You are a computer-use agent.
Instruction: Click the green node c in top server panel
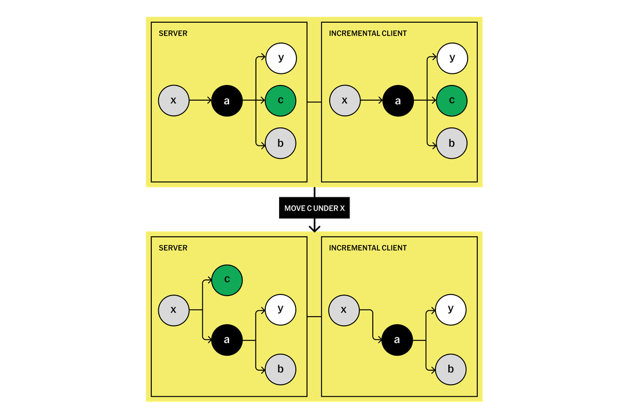281,101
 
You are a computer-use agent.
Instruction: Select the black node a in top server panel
227,101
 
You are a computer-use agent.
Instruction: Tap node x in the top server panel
174,101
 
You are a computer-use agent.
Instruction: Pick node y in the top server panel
281,58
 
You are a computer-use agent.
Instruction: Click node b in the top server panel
281,143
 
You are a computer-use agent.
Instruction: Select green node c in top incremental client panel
452,101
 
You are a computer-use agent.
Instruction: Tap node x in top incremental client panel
345,101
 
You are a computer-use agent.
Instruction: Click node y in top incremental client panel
452,58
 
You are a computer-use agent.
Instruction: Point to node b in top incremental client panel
452,143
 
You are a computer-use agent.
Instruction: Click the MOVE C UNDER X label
314,208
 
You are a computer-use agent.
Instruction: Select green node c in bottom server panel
227,280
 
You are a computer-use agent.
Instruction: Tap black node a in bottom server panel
227,340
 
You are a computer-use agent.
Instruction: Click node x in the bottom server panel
174,310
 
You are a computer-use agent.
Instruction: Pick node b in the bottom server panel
281,370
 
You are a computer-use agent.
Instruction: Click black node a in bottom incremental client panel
397,340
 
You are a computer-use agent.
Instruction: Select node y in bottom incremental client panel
451,310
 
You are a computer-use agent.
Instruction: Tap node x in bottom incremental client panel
344,310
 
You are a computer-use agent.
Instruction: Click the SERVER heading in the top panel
173,33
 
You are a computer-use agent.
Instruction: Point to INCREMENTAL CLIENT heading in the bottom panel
367,248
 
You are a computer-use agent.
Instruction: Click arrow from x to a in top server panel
201,101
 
